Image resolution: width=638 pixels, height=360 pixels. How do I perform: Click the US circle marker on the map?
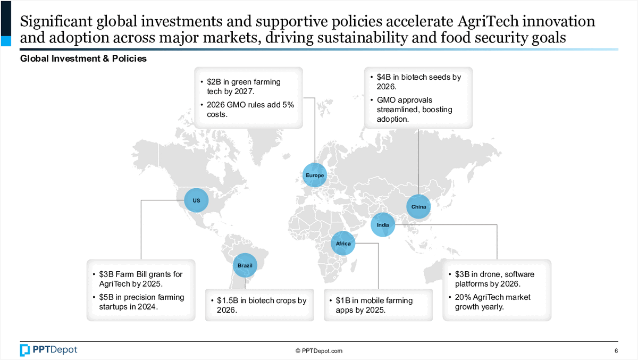[196, 200]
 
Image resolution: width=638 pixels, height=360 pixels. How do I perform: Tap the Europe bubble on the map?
[315, 175]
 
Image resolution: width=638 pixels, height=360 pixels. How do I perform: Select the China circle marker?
[418, 206]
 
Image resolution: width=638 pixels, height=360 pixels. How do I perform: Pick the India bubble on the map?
[383, 225]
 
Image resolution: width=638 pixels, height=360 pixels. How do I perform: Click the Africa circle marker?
[343, 244]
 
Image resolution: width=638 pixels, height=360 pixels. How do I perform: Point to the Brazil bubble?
[245, 265]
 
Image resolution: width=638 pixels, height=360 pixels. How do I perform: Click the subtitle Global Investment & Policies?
[83, 59]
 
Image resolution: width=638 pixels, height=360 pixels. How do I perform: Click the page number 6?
[616, 351]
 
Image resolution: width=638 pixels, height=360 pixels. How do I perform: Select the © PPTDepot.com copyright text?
[319, 351]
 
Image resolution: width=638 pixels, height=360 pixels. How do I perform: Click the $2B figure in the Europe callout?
[214, 82]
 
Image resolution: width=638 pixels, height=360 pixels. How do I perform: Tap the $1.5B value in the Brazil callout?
[227, 300]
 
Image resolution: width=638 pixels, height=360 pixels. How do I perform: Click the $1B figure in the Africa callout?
[343, 300]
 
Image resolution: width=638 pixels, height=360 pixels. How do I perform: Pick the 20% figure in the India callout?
[463, 297]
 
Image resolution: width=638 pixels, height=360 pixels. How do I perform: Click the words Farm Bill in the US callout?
[131, 274]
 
